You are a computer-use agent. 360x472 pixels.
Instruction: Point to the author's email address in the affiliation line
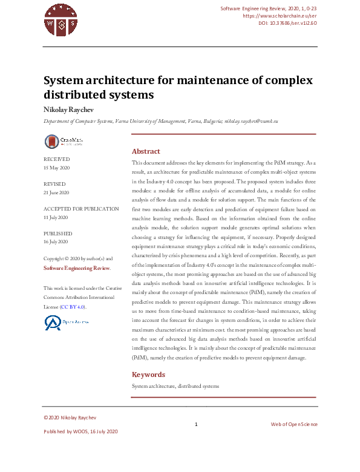251,121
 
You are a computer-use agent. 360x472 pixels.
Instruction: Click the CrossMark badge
64,142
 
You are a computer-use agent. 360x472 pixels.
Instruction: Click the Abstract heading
146,151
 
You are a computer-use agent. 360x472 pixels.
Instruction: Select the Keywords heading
148,375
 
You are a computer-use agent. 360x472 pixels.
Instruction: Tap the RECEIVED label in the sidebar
56,159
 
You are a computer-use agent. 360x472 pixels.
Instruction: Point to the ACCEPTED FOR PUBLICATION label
81,209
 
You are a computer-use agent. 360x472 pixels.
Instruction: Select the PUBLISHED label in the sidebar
58,234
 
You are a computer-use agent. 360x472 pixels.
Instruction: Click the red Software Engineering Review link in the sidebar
76,267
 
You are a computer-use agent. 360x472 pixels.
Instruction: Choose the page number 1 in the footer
196,425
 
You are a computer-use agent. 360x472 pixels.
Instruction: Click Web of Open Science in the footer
293,425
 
